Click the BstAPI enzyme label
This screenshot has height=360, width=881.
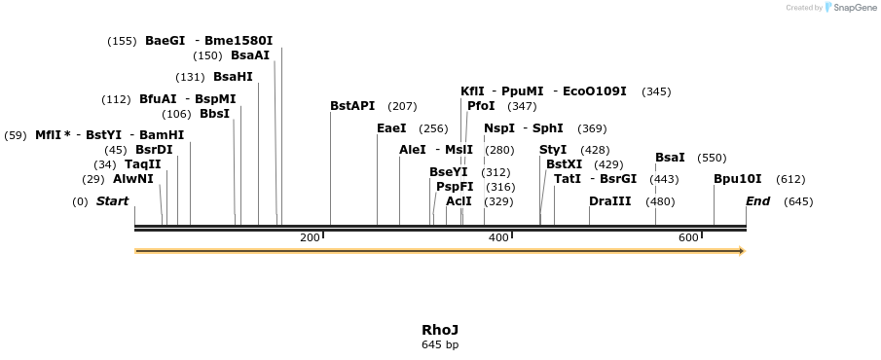(351, 105)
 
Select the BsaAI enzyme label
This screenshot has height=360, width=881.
(250, 55)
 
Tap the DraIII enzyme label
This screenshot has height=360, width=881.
(610, 201)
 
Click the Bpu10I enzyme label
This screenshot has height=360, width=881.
(738, 179)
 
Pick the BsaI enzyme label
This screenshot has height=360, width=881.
(670, 158)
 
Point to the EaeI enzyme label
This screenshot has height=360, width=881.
(391, 128)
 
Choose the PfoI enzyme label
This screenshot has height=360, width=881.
(481, 105)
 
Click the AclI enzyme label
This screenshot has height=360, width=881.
(459, 201)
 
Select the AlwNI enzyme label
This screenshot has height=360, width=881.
(133, 179)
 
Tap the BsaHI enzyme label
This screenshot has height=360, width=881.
(233, 77)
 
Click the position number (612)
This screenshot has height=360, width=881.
(790, 179)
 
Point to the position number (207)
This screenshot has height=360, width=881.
(402, 105)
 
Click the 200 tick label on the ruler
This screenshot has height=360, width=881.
(310, 237)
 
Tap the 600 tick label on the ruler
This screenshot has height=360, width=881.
(688, 237)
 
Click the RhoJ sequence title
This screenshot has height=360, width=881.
(440, 330)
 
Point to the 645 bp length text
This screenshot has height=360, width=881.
(440, 344)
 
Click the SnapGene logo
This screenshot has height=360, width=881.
(849, 8)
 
